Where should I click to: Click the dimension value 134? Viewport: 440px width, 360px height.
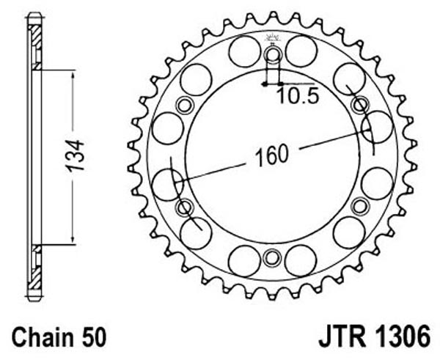point(75,156)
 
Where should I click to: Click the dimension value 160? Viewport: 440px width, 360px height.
point(271,155)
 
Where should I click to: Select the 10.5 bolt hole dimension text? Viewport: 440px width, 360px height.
point(298,95)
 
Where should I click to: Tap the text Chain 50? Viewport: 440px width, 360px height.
point(59,337)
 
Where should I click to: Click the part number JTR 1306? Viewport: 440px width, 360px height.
point(374,337)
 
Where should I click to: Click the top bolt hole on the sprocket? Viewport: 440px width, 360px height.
point(272,55)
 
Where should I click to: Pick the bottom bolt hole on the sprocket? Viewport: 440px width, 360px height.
point(272,257)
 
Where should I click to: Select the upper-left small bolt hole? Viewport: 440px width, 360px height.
point(185,106)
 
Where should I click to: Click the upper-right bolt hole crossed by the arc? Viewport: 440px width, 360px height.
point(360,106)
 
